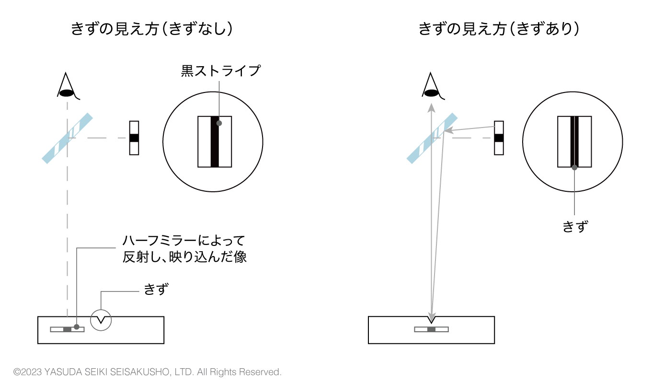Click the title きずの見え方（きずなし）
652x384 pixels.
point(152,29)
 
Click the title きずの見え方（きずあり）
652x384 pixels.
point(499,29)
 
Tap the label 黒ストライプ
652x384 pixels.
point(221,71)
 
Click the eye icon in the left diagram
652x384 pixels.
point(68,86)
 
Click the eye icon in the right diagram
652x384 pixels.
point(433,86)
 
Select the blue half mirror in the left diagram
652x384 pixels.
point(67,139)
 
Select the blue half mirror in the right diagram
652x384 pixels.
point(432,139)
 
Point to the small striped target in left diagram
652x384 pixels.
point(134,138)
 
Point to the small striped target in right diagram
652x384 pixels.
point(499,138)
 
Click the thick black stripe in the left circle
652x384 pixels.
point(215,142)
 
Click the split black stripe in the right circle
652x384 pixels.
point(574,142)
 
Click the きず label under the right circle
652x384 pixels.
point(575,227)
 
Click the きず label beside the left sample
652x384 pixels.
point(156,289)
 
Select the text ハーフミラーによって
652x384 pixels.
point(183,241)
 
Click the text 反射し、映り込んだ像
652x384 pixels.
point(184,257)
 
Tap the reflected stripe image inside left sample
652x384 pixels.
point(67,329)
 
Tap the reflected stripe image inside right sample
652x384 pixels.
point(431,329)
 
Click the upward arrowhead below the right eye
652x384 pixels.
point(431,108)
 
